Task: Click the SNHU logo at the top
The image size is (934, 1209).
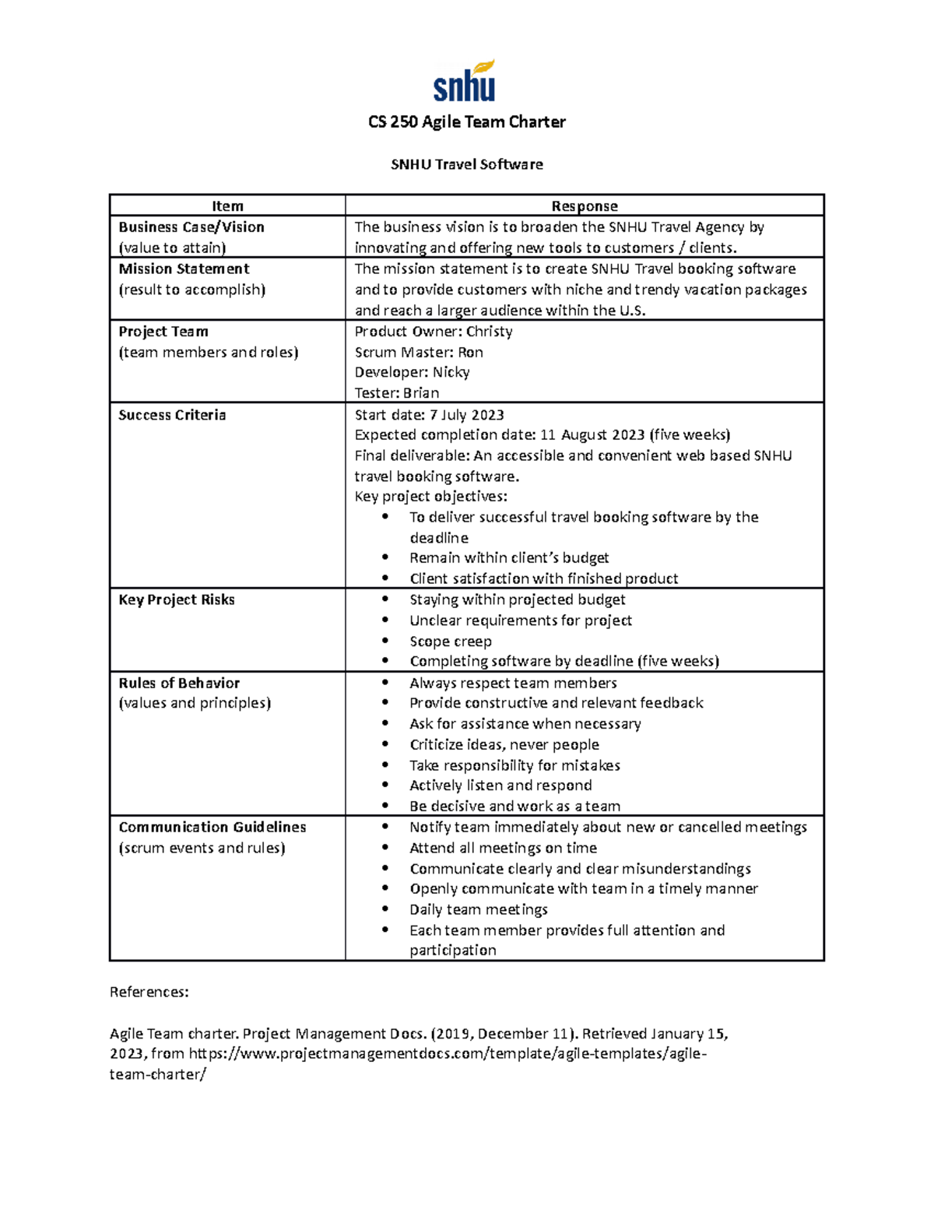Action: point(465,82)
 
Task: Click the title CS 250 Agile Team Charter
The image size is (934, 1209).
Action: point(466,122)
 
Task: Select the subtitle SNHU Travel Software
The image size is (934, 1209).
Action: point(466,164)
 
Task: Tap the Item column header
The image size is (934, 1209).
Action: point(227,206)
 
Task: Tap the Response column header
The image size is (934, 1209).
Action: point(584,206)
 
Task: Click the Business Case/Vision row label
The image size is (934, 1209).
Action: point(191,227)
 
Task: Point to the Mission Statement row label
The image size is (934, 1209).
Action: point(184,269)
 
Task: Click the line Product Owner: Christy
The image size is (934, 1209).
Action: point(433,332)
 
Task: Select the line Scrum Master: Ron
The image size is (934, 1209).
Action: point(418,352)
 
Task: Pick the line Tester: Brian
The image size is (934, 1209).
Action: point(396,393)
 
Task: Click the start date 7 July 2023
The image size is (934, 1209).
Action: point(466,415)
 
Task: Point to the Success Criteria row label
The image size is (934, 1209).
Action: point(172,415)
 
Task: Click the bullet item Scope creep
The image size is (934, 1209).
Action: point(450,641)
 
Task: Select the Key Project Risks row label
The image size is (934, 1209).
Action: point(177,599)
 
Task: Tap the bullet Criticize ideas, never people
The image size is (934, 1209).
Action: point(504,744)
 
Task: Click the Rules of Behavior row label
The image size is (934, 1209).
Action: point(179,683)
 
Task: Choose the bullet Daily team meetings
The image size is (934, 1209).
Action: point(478,909)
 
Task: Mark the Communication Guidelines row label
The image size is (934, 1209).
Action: point(212,827)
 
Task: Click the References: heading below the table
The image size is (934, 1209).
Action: point(149,992)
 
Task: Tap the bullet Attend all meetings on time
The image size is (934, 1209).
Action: point(503,848)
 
